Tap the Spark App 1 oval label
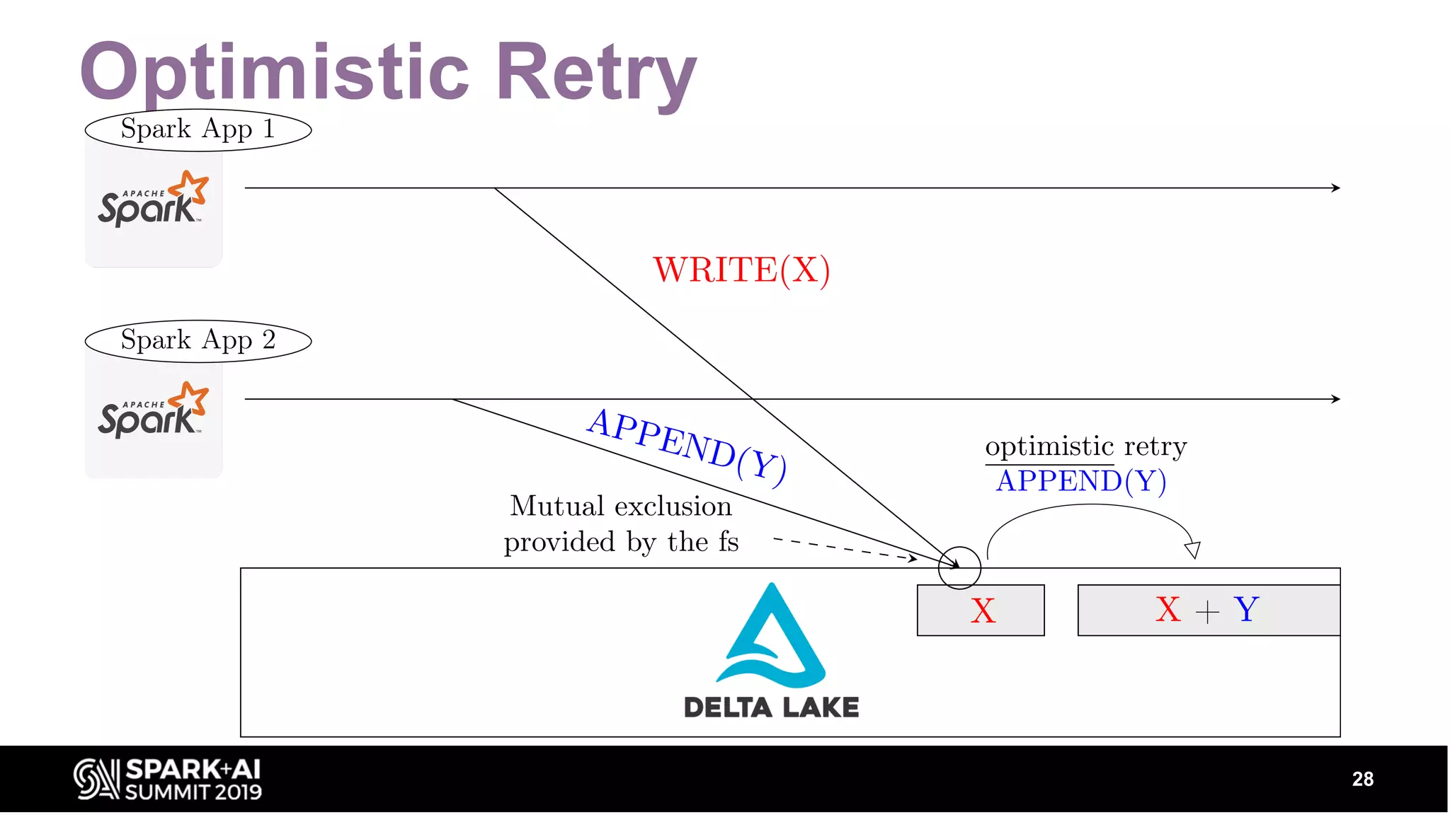[x=198, y=129]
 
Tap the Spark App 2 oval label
[x=198, y=341]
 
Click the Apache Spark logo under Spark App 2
[x=153, y=411]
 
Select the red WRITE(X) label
[x=741, y=270]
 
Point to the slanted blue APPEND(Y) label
[x=687, y=446]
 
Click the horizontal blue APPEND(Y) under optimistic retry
[x=1080, y=482]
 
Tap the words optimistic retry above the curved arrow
[x=1085, y=446]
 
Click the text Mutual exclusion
[x=620, y=507]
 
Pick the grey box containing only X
[x=981, y=610]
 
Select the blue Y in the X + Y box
[x=1246, y=608]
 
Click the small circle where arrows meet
[x=959, y=567]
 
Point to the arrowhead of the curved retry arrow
[x=1193, y=550]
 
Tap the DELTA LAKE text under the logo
[x=771, y=707]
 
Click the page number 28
[x=1362, y=779]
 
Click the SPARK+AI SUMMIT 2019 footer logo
[x=168, y=779]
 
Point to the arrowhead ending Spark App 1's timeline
[x=1335, y=187]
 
